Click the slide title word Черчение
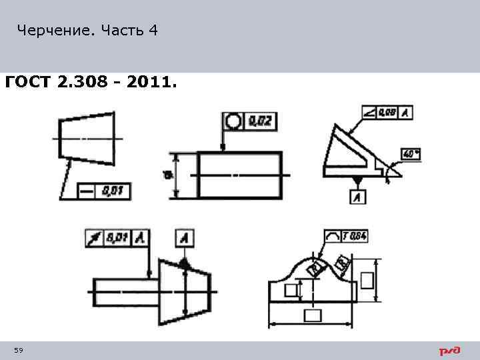(x=57, y=31)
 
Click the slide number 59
(x=19, y=351)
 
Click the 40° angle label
(x=410, y=153)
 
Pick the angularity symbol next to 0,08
(x=370, y=113)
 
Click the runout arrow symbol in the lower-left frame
(x=97, y=237)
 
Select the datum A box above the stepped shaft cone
(x=185, y=237)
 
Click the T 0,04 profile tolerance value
(x=355, y=235)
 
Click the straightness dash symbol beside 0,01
(x=87, y=191)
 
